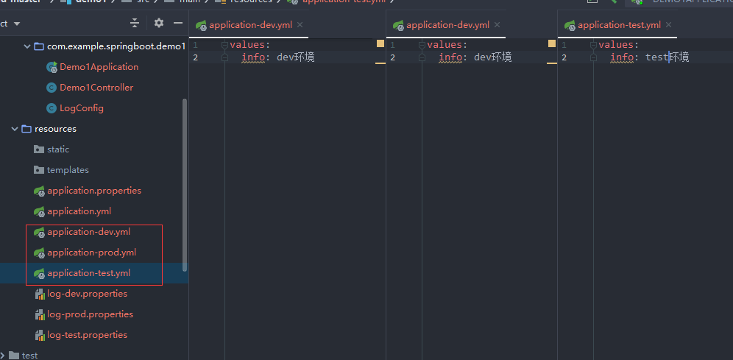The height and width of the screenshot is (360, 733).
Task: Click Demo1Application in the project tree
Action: pyautogui.click(x=99, y=67)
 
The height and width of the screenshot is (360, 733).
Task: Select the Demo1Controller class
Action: pyautogui.click(x=96, y=88)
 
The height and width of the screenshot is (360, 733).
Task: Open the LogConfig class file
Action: pyautogui.click(x=81, y=108)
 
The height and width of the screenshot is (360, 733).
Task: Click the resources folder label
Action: pyautogui.click(x=55, y=129)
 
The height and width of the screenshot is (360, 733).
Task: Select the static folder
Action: pyautogui.click(x=58, y=149)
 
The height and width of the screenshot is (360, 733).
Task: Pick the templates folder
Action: pyautogui.click(x=68, y=170)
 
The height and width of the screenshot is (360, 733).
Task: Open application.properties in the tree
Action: pyautogui.click(x=93, y=191)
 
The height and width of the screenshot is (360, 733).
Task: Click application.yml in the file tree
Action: pyautogui.click(x=79, y=211)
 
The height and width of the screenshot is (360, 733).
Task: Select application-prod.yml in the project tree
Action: pyautogui.click(x=91, y=253)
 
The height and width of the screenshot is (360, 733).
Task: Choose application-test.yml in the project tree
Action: pyautogui.click(x=88, y=273)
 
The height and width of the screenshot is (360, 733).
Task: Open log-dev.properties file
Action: pyautogui.click(x=87, y=294)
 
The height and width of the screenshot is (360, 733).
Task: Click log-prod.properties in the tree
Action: pyautogui.click(x=90, y=314)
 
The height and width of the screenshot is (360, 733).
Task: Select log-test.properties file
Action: pyautogui.click(x=87, y=335)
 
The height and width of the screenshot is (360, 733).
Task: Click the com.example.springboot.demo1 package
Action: pyautogui.click(x=116, y=46)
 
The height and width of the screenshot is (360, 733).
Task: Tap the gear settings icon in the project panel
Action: pyautogui.click(x=159, y=23)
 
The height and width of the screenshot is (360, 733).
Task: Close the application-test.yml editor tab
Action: pyautogui.click(x=669, y=25)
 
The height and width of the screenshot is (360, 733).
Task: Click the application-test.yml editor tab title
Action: pyautogui.click(x=619, y=25)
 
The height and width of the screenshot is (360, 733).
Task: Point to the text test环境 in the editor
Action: pyautogui.click(x=667, y=57)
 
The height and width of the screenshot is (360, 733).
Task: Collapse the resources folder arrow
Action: pyautogui.click(x=15, y=129)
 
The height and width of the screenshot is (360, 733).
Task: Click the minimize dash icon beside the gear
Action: pyautogui.click(x=178, y=23)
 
